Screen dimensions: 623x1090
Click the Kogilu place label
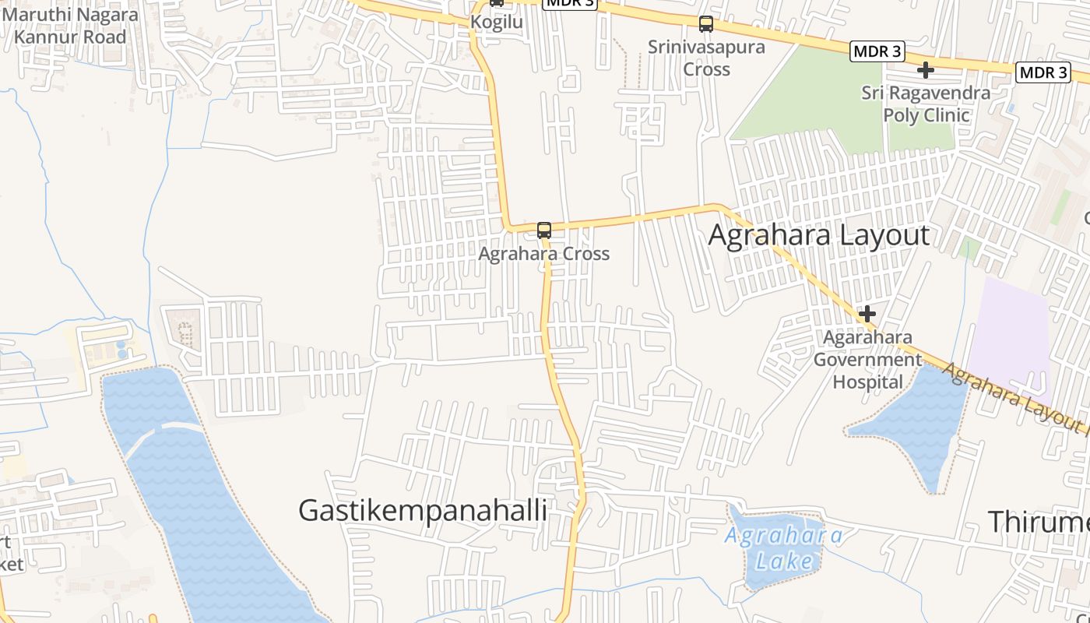[496, 22]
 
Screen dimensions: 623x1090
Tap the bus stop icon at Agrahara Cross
[544, 231]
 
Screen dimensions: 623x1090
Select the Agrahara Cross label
[543, 254]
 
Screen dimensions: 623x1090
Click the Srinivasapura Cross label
[706, 58]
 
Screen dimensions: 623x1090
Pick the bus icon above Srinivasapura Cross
[706, 24]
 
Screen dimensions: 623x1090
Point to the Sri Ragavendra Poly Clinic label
[926, 104]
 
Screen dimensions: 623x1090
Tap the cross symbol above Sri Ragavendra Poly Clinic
[926, 71]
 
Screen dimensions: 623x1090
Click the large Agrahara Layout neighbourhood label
[818, 235]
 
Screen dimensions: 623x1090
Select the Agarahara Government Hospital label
[868, 360]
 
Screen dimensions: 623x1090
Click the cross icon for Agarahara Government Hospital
[867, 314]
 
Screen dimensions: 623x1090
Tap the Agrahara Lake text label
[783, 548]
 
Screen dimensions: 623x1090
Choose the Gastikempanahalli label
[423, 510]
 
